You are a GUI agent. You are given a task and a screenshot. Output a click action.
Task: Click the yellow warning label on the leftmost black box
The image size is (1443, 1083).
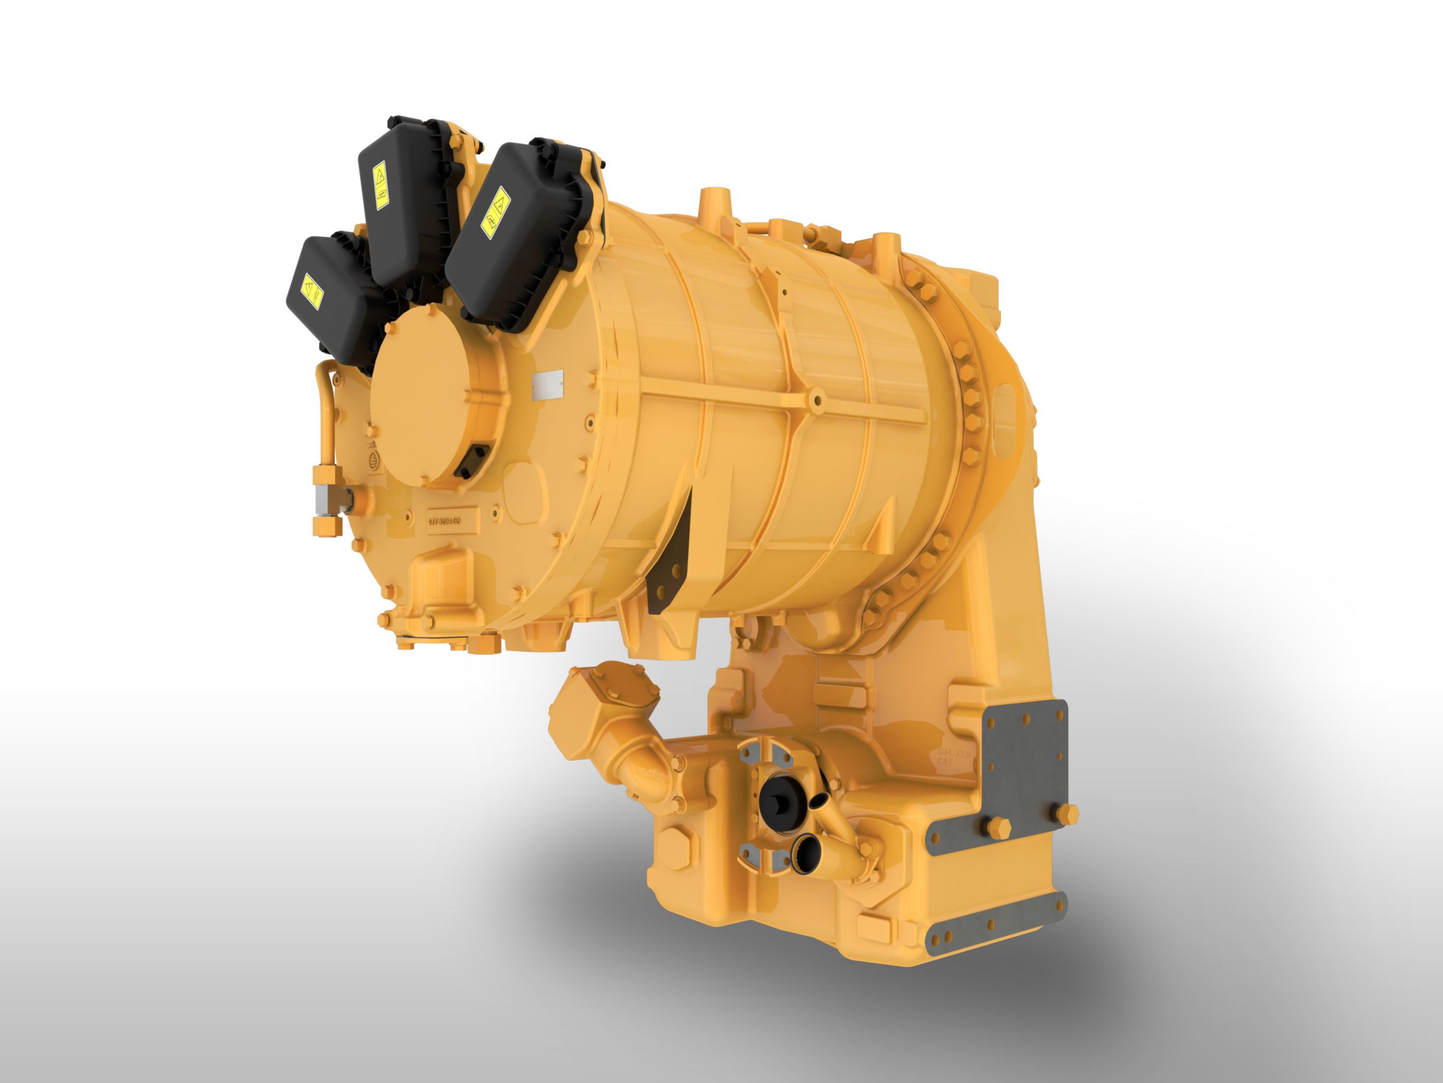pos(311,292)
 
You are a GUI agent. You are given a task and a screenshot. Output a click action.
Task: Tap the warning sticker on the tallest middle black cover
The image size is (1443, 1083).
pos(380,185)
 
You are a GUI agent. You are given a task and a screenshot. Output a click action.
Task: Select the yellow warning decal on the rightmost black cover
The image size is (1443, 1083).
pos(496,213)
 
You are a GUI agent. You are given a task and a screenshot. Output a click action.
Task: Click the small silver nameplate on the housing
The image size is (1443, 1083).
pos(547,385)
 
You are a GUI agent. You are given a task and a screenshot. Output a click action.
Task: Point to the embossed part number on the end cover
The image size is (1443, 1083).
pos(444,521)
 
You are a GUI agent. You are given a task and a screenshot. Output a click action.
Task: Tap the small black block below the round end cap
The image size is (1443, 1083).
pos(472,462)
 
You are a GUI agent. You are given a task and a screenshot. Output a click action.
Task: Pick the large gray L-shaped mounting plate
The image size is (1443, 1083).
pos(1024,771)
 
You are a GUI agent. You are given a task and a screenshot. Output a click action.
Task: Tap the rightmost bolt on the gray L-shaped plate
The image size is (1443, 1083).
pos(1068,814)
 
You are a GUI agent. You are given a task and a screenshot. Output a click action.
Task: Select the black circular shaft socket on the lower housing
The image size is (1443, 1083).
pos(778,802)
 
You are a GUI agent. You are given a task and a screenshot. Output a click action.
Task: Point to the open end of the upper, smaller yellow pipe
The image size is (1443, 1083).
pos(820,802)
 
